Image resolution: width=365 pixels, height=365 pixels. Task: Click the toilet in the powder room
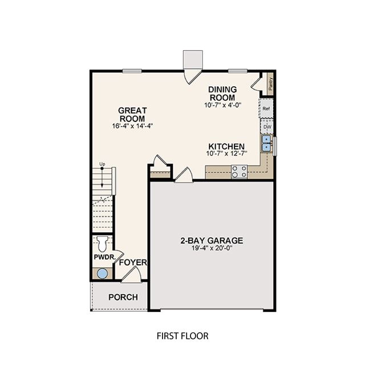tap(102, 244)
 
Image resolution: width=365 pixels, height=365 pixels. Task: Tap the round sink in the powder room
tap(102, 274)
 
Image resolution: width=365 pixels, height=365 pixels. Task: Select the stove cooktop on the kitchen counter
tap(240, 172)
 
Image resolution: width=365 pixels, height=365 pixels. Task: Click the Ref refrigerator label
tap(266, 108)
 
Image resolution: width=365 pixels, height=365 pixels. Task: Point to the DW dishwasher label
tap(267, 127)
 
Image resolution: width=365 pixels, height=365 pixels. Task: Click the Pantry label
tap(270, 84)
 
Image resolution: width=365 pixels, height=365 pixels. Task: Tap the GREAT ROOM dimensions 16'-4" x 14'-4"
tap(132, 126)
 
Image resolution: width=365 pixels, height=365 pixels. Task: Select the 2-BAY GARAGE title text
tap(212, 241)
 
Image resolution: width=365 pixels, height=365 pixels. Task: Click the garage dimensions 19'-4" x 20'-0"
tap(212, 248)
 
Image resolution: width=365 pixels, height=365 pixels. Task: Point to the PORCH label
tap(123, 297)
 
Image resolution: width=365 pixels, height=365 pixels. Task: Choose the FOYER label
tap(133, 262)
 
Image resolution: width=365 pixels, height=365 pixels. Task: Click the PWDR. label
tap(105, 257)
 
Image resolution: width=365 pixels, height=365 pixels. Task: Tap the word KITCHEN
tap(226, 147)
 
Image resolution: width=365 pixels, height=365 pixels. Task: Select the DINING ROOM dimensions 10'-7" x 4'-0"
tap(223, 105)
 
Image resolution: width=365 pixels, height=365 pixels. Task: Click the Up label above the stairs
tap(102, 164)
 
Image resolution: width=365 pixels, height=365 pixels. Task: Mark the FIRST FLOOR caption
tap(182, 336)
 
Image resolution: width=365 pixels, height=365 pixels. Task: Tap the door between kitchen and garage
tap(184, 175)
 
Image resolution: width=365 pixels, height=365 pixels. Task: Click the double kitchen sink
tap(266, 143)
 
